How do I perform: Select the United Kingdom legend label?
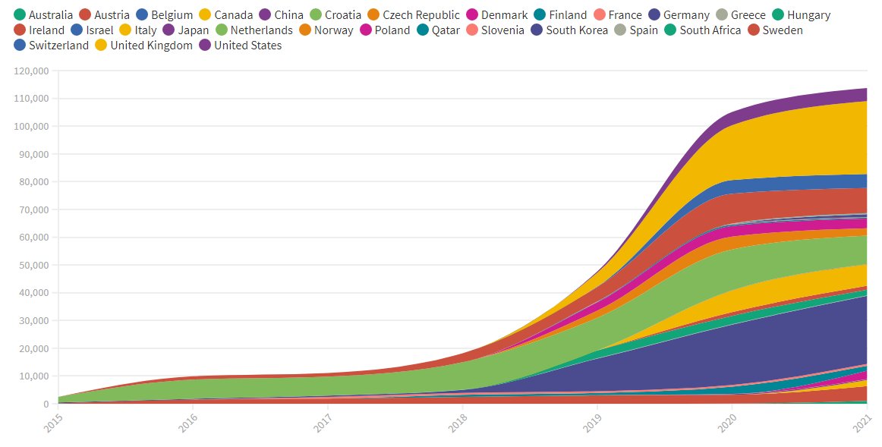pyautogui.click(x=151, y=46)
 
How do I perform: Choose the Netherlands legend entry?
pyautogui.click(x=261, y=30)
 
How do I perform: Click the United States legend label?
pyautogui.click(x=247, y=46)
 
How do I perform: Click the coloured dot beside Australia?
pyautogui.click(x=20, y=15)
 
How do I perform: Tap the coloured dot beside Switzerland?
pyautogui.click(x=20, y=46)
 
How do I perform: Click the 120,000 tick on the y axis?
pyautogui.click(x=31, y=71)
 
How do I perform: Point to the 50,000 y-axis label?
pyautogui.click(x=34, y=265)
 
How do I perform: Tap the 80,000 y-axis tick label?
pyautogui.click(x=34, y=181)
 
